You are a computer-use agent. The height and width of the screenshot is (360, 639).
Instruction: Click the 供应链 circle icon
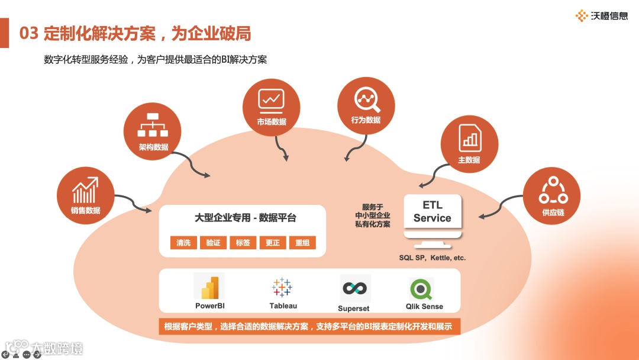(552, 196)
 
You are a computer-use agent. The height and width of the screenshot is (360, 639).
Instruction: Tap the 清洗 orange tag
(183, 243)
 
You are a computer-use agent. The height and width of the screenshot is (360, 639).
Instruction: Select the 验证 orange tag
(213, 243)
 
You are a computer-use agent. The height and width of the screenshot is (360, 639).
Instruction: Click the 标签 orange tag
(243, 243)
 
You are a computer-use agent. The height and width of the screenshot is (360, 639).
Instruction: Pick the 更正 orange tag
(273, 243)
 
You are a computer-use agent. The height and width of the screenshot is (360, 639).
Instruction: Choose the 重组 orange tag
(302, 243)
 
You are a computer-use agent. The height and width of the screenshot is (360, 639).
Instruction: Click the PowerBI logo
(209, 287)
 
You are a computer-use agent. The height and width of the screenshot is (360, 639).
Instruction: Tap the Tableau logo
(282, 287)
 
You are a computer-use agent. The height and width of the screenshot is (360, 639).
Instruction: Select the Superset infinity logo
(354, 288)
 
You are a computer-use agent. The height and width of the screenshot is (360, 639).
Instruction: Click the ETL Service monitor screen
(433, 211)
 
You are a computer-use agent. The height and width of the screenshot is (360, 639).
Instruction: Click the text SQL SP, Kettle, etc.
(433, 258)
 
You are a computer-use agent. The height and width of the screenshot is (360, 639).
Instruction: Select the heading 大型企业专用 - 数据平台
(246, 218)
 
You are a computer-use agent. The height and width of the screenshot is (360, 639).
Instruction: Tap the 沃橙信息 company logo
(602, 16)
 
